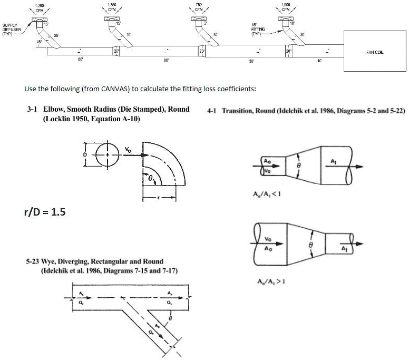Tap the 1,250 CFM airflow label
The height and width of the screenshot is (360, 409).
[x=39, y=7]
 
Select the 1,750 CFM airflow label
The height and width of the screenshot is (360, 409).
[x=111, y=7]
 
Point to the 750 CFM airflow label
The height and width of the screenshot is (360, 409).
[x=199, y=7]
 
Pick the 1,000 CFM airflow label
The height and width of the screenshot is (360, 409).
[x=286, y=7]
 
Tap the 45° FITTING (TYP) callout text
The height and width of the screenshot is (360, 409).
[x=259, y=30]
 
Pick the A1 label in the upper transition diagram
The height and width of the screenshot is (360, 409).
[x=333, y=160]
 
